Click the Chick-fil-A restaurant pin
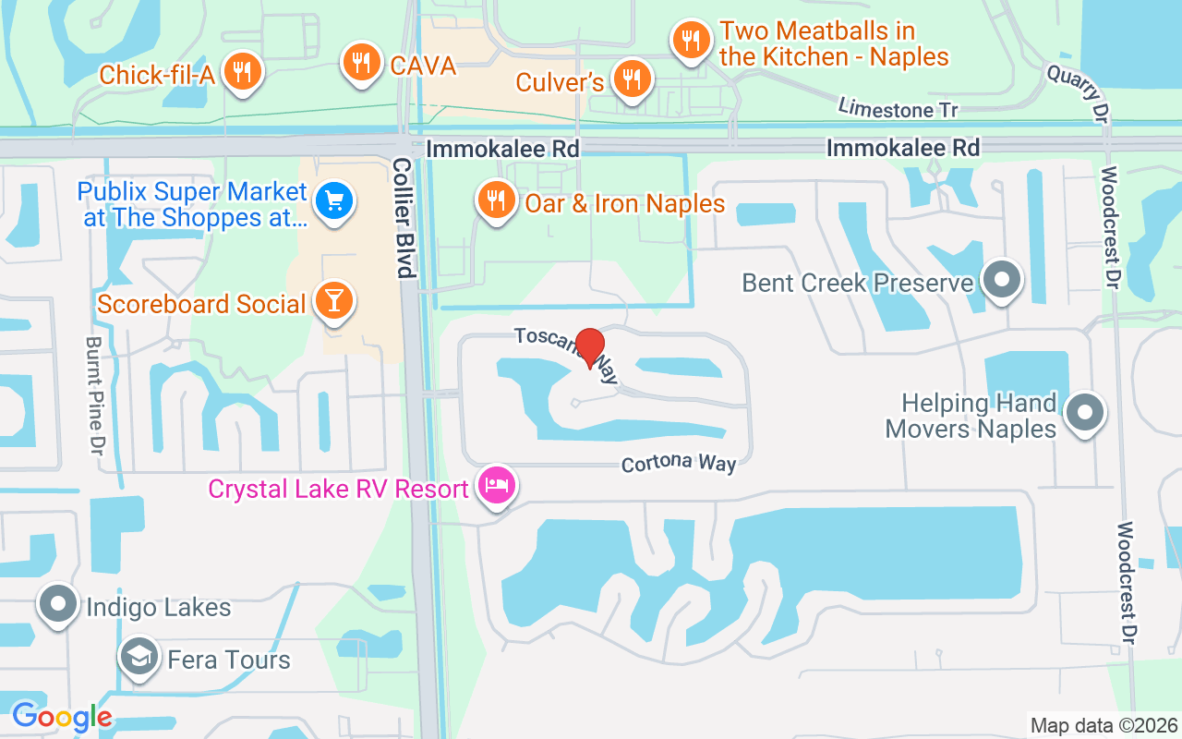242,71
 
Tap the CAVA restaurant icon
361,63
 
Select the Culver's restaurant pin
632,79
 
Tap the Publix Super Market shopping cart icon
333,202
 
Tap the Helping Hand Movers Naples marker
1085,413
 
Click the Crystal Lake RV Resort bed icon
497,485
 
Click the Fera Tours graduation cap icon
139,657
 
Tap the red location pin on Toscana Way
589,346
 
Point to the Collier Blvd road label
403,217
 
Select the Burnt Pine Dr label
94,394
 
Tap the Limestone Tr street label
898,108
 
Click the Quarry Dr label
1077,91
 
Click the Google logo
62,717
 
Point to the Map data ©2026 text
1104,725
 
